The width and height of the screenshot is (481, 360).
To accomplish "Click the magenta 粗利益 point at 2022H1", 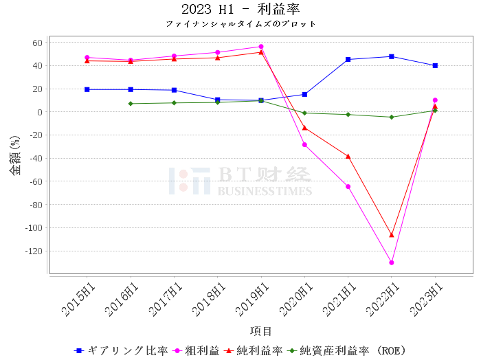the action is (x=392, y=262).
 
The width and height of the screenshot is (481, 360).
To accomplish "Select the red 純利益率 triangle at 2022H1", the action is (x=392, y=235).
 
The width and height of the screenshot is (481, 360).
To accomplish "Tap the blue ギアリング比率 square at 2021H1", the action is (x=348, y=60).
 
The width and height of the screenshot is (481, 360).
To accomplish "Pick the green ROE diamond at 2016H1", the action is (x=131, y=104).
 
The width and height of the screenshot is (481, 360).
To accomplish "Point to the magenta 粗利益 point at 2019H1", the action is (x=261, y=47).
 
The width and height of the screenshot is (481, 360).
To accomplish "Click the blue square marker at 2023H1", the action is (x=435, y=66).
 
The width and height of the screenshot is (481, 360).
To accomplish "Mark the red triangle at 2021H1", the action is (x=348, y=157).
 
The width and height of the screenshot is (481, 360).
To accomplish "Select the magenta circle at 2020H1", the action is (x=304, y=145).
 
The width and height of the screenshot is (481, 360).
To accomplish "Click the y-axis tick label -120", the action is (x=34, y=251).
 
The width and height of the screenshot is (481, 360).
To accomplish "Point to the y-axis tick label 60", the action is (x=37, y=43).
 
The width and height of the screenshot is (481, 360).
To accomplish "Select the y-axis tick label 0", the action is (x=40, y=112).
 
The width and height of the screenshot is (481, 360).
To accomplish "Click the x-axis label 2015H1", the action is (x=78, y=300).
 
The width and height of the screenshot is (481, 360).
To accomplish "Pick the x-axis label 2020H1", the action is (x=295, y=300).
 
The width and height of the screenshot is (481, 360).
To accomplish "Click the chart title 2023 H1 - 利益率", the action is (x=240, y=9).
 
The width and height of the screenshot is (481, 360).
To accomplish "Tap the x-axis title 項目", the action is (x=260, y=331).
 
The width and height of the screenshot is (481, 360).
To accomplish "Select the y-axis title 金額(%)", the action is (x=14, y=155).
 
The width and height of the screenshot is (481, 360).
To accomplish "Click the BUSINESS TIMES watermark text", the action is (x=265, y=191).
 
